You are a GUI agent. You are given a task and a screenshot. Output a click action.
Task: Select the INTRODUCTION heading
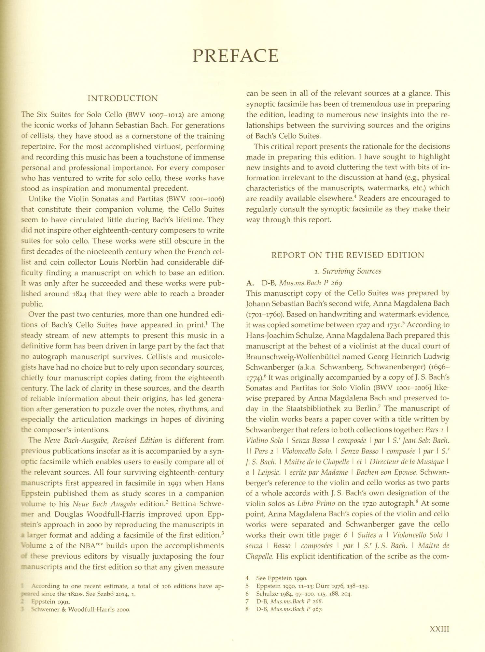tap(123, 98)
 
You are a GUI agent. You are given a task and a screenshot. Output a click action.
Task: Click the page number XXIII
tap(439, 629)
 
